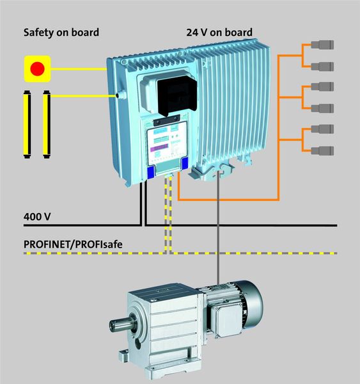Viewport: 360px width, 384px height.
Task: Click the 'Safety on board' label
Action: click(x=61, y=32)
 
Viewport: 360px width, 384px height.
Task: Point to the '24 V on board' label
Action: click(x=219, y=32)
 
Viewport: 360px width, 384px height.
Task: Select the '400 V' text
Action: click(x=36, y=217)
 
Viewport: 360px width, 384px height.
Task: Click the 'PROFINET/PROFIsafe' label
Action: click(x=73, y=244)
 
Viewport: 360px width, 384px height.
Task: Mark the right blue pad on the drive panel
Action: click(x=185, y=164)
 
